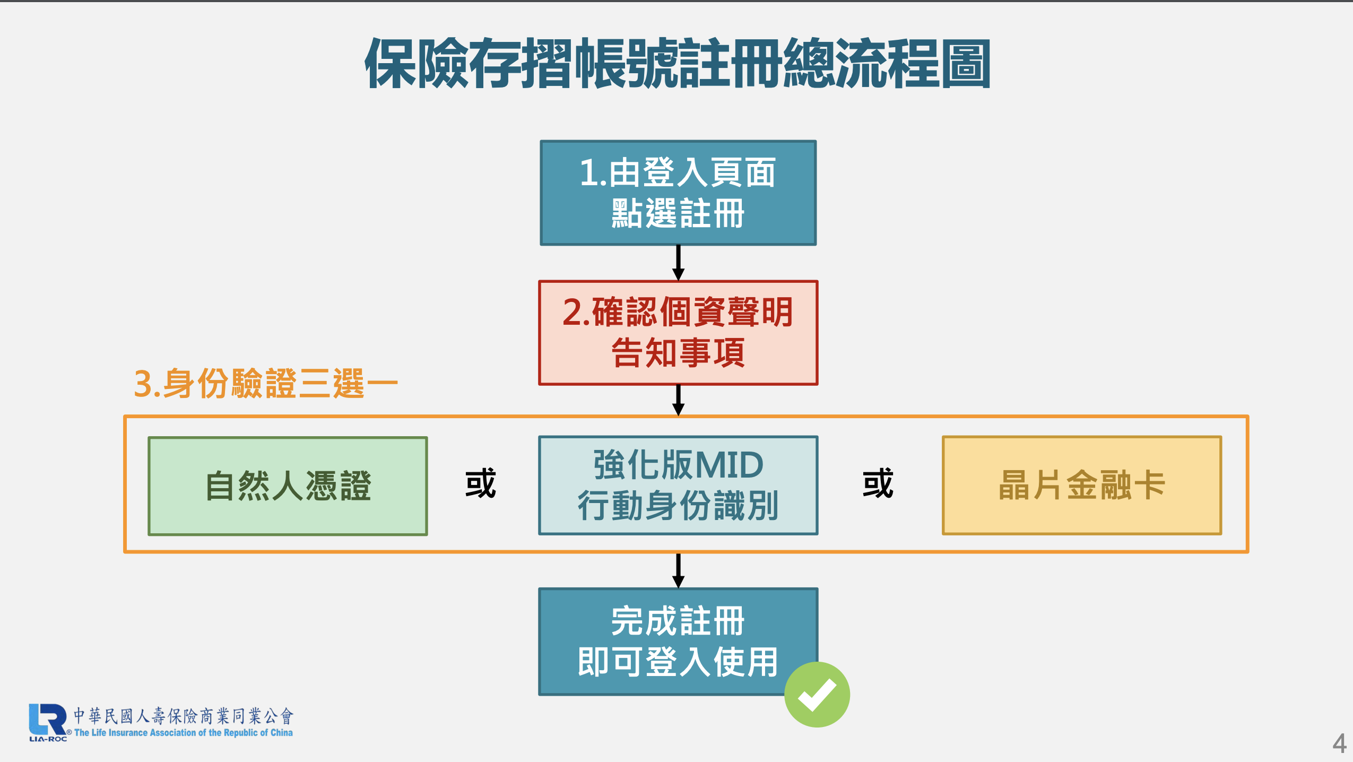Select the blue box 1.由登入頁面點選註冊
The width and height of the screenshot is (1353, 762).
click(678, 193)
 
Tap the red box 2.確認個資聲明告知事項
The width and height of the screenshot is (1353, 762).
click(678, 333)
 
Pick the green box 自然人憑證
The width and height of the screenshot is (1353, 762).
click(288, 486)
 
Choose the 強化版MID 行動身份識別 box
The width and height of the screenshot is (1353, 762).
click(678, 485)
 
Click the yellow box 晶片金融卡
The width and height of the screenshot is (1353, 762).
click(1082, 485)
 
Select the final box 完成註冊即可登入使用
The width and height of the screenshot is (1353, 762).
click(678, 642)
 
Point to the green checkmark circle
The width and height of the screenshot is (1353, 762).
click(817, 695)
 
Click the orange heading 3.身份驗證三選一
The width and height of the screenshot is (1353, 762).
click(265, 383)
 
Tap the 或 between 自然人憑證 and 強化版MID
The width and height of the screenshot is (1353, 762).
click(481, 483)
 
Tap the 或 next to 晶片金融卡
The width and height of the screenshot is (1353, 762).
click(878, 483)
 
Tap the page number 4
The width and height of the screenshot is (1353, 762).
click(1339, 743)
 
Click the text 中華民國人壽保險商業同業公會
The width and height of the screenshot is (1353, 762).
click(184, 716)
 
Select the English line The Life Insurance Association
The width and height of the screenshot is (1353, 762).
click(184, 733)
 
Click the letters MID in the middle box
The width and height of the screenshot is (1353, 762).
click(729, 465)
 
